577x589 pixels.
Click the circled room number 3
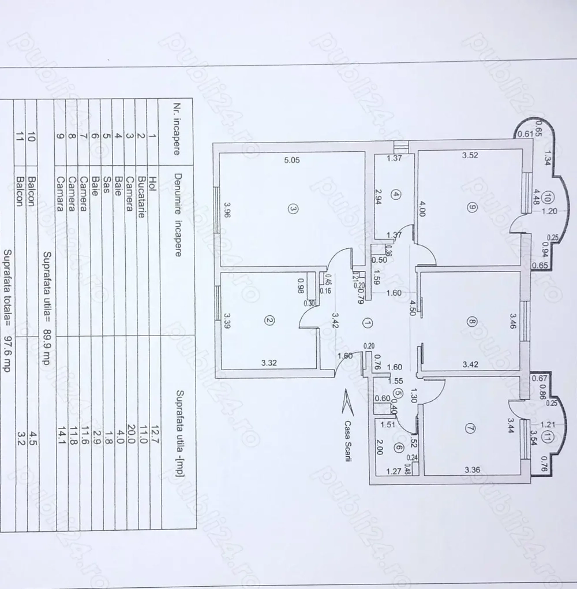point(293,211)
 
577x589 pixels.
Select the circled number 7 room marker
point(471,429)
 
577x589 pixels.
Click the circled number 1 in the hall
point(367,323)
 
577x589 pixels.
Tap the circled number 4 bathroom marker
point(395,195)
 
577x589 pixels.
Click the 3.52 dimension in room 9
point(471,155)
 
